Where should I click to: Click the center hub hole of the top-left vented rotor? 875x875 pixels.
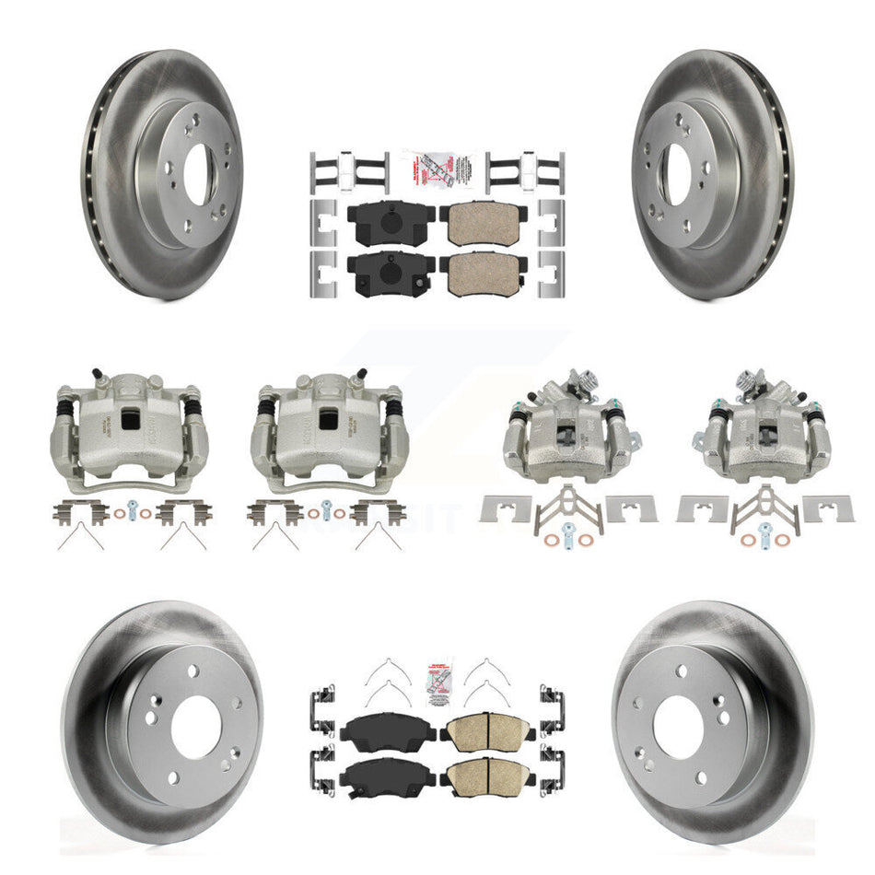196,175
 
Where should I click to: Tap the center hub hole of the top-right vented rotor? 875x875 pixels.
677,175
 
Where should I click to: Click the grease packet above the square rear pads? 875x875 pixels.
437,168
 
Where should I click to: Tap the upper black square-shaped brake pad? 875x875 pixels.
380,223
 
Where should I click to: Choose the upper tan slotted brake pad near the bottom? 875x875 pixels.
479,733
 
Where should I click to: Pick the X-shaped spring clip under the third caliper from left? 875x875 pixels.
562,507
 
